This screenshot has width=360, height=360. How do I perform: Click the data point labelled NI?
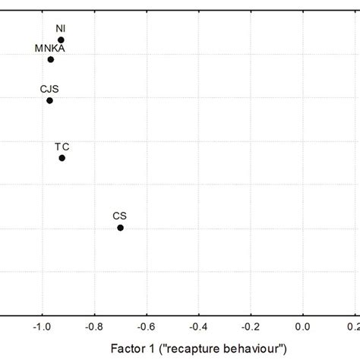point(61,40)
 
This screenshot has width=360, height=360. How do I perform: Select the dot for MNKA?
point(51,59)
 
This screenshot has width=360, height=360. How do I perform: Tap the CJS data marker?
point(49,100)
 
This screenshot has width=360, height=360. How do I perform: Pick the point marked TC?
point(62,158)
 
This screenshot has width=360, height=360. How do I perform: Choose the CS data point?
point(120,228)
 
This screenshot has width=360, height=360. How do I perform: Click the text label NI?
point(61,29)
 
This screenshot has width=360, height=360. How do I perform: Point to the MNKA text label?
point(50,48)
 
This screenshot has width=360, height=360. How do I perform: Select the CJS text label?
point(49,89)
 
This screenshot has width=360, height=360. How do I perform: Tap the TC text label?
point(62,146)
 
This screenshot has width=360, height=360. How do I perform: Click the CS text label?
point(119,216)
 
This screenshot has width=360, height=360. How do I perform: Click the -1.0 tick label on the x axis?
point(40,327)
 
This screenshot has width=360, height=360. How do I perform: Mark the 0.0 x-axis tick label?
point(304,327)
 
